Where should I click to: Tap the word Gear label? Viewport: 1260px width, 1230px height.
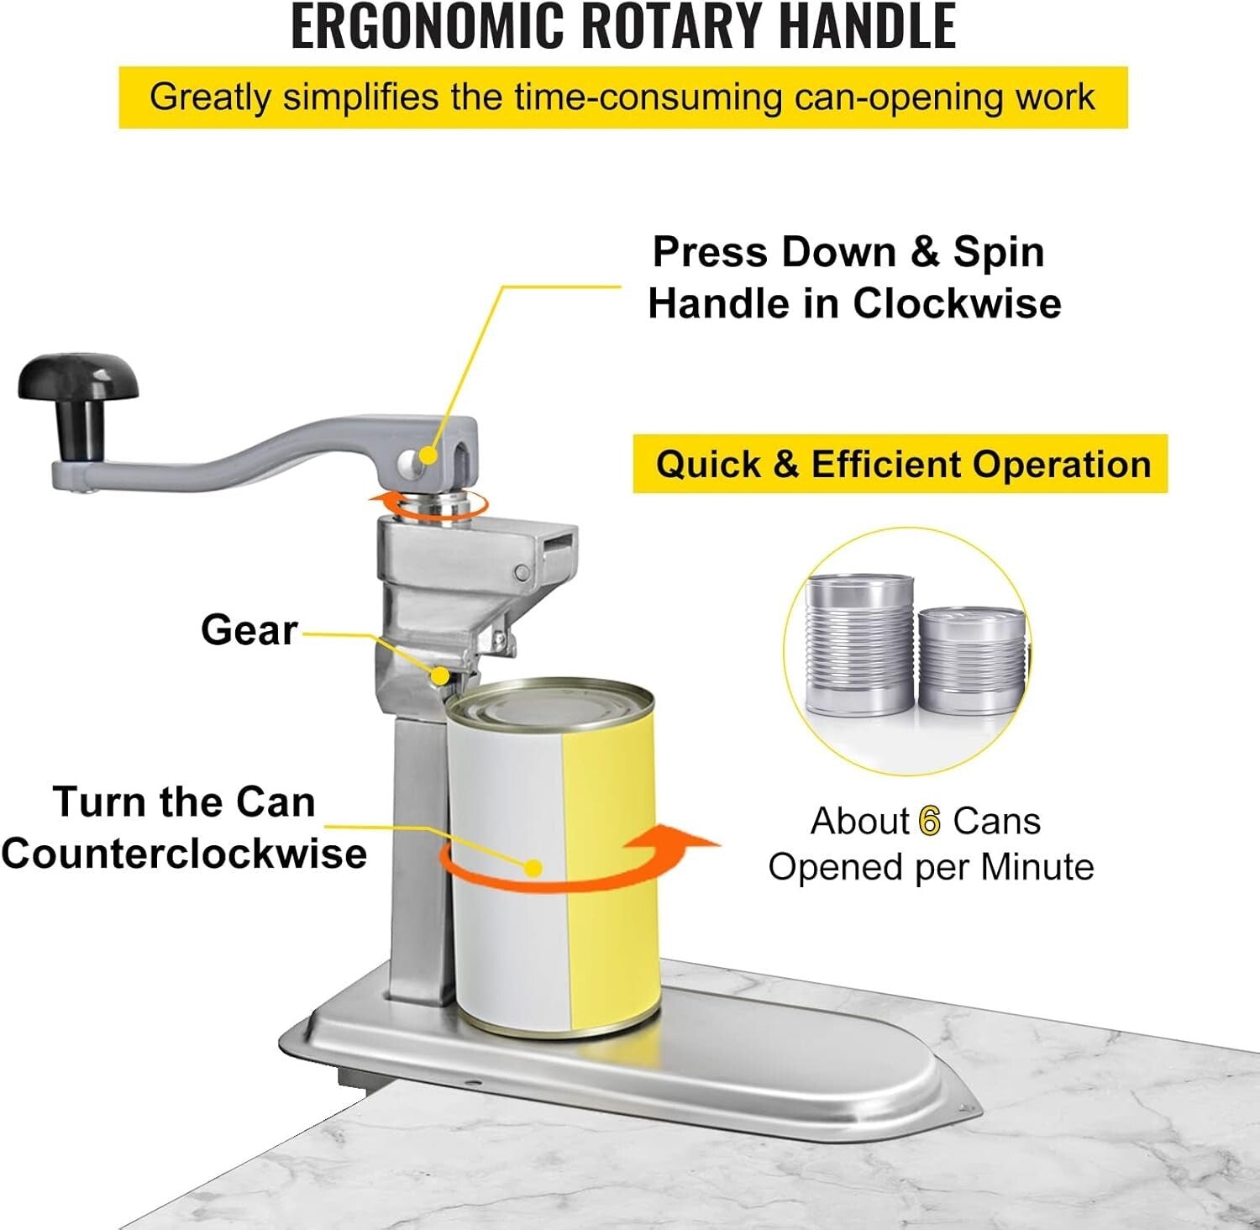(249, 629)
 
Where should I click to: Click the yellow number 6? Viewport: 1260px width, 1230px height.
(930, 821)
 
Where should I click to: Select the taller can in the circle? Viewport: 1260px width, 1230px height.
(858, 644)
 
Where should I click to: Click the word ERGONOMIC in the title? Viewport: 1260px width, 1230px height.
(428, 26)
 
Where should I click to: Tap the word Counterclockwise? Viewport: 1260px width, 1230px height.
(184, 854)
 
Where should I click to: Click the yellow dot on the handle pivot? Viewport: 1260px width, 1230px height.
(428, 455)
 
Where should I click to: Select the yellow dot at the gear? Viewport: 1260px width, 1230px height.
(440, 675)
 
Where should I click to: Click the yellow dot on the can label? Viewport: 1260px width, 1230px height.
(533, 867)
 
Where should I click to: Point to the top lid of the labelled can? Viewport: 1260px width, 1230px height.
(550, 703)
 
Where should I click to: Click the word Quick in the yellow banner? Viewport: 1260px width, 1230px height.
(706, 465)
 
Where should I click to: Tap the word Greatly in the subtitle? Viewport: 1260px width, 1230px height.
(210, 97)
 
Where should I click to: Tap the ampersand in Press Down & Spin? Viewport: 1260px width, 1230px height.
(925, 252)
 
